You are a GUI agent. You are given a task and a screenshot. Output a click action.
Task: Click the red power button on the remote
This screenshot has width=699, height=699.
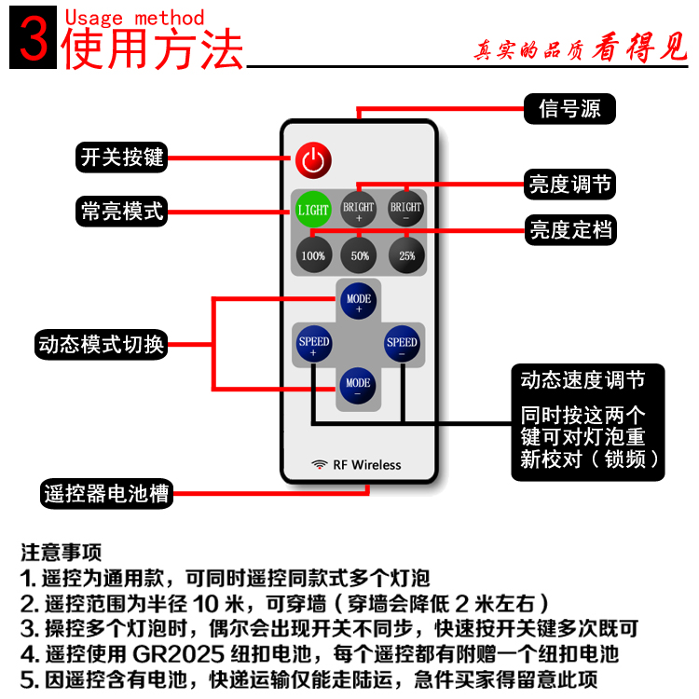[313, 159]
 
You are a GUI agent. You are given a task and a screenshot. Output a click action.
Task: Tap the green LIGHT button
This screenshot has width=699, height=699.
[313, 210]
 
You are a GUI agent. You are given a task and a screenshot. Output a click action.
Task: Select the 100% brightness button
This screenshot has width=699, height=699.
[313, 254]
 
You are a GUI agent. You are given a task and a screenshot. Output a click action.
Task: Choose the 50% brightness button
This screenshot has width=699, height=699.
[359, 254]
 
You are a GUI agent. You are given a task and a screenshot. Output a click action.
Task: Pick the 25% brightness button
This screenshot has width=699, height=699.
[405, 254]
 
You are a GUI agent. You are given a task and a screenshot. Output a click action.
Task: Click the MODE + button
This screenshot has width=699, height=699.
[359, 302]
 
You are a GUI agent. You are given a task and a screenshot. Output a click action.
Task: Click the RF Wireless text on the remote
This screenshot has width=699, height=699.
[356, 464]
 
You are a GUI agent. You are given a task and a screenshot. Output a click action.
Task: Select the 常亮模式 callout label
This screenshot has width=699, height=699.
[122, 211]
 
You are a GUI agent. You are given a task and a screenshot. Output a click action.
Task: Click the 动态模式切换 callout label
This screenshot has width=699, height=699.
[102, 344]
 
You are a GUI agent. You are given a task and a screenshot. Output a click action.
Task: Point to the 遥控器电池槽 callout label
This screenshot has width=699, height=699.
[107, 493]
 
